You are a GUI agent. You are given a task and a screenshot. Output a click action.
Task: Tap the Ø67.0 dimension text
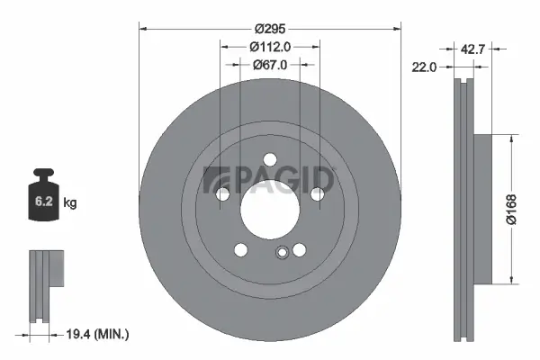(268, 65)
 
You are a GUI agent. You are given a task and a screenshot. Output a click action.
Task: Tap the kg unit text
(70, 203)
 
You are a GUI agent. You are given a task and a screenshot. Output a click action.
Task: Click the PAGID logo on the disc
(269, 180)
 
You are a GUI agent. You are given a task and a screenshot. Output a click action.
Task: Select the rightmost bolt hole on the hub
(317, 193)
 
